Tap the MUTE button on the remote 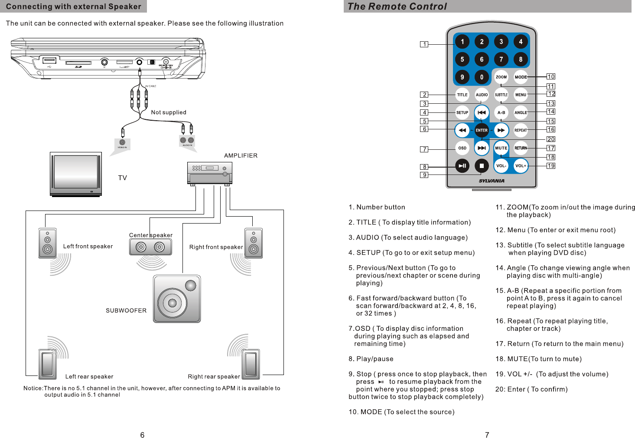[x=501, y=148]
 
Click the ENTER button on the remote [x=482, y=130]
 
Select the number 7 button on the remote [x=501, y=59]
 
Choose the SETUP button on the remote [x=462, y=112]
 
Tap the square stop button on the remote [x=482, y=166]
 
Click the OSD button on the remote [x=462, y=148]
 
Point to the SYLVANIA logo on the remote [x=492, y=181]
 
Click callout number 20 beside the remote [x=551, y=139]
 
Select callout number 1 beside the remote [x=424, y=44]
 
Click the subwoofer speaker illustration [x=177, y=299]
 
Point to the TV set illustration [x=76, y=174]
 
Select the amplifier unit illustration [x=210, y=173]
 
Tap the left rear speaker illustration [x=47, y=364]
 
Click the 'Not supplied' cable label [x=169, y=112]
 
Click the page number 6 [x=142, y=435]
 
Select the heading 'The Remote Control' [x=397, y=7]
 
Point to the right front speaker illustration [x=254, y=243]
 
